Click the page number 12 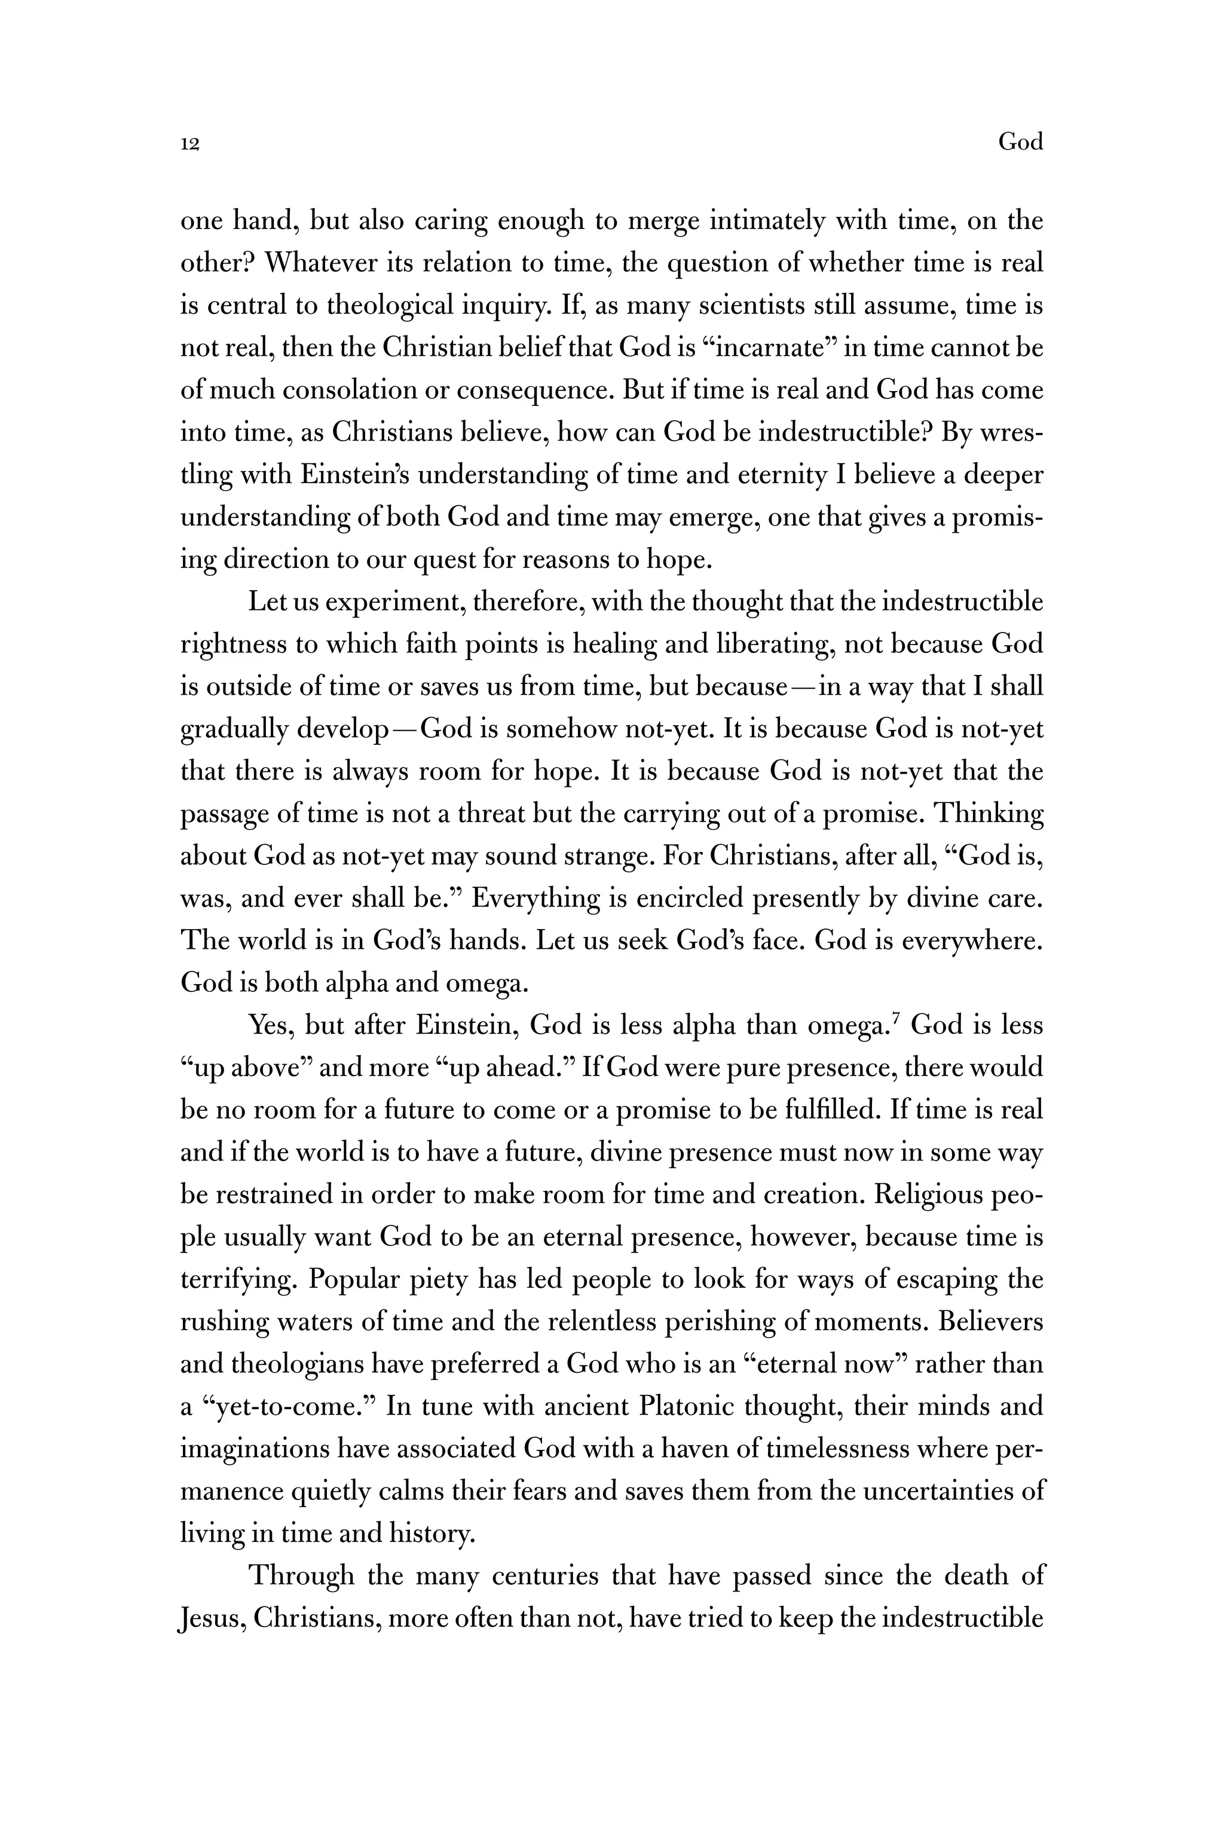pyautogui.click(x=191, y=143)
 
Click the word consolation pyautogui.click(x=350, y=390)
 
